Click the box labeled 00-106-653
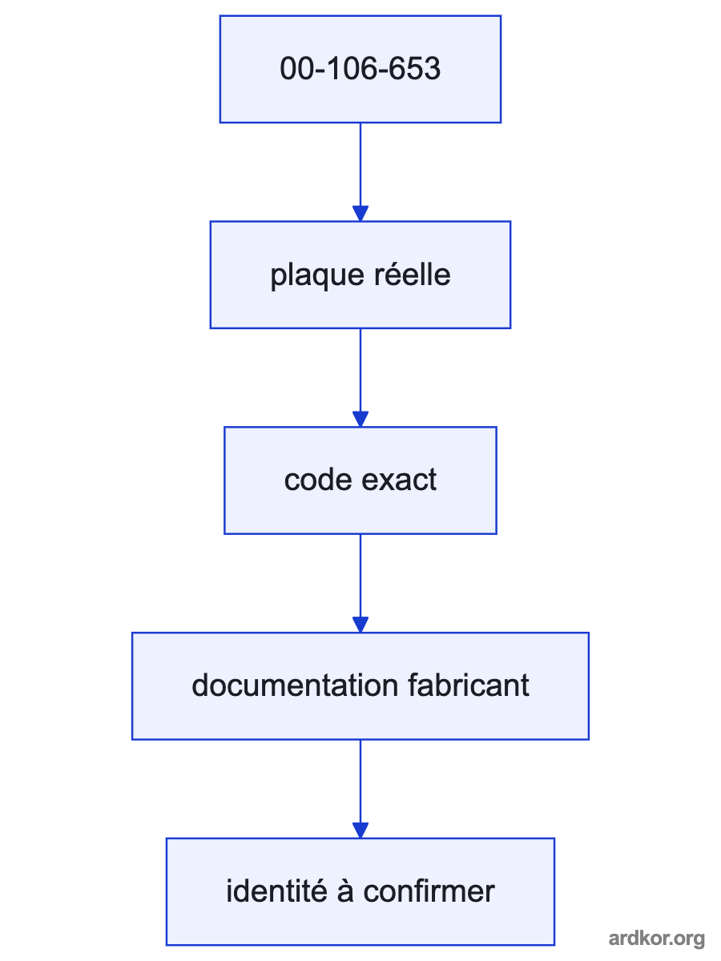360,69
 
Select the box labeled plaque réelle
360,275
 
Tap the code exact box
360,480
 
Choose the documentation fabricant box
360,686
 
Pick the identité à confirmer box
360,892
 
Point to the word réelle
413,274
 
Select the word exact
399,480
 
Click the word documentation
295,686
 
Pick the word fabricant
469,685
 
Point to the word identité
276,891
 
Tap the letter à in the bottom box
345,891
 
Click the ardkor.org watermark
656,939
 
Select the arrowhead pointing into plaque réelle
360,213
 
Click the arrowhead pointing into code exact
360,419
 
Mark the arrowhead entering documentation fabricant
360,625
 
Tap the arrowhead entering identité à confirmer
360,830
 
